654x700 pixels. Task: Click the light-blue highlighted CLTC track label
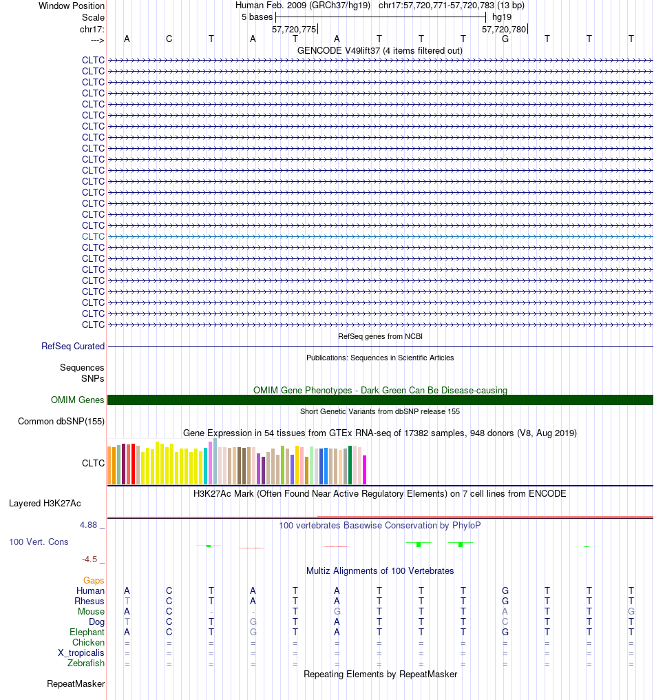pyautogui.click(x=93, y=236)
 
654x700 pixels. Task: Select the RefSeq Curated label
pyautogui.click(x=73, y=346)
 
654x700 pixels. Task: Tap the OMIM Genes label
pyautogui.click(x=77, y=400)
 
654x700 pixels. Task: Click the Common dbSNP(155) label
pyautogui.click(x=61, y=421)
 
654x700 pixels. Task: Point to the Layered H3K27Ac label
pyautogui.click(x=45, y=503)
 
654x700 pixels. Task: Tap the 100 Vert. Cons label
pyautogui.click(x=39, y=542)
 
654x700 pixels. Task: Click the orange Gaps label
pyautogui.click(x=94, y=580)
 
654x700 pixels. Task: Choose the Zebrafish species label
pyautogui.click(x=85, y=663)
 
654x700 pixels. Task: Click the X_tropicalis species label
pyautogui.click(x=81, y=652)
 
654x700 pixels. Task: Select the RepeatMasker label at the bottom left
pyautogui.click(x=76, y=683)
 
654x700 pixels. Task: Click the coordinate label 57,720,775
pyautogui.click(x=294, y=29)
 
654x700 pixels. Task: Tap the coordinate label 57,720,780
pyautogui.click(x=504, y=29)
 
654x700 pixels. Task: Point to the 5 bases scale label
pyautogui.click(x=257, y=17)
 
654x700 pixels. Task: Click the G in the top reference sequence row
pyautogui.click(x=505, y=39)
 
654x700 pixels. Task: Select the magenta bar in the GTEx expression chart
pyautogui.click(x=364, y=470)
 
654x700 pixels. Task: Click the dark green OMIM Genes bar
pyautogui.click(x=380, y=400)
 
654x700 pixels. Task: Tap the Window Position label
pyautogui.click(x=72, y=6)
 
